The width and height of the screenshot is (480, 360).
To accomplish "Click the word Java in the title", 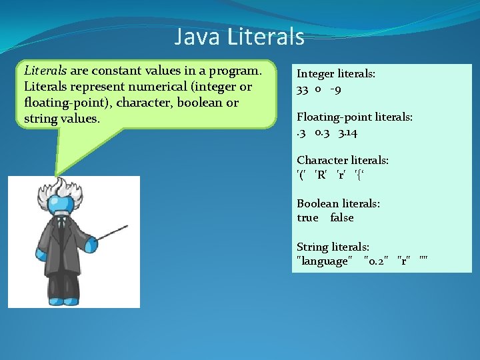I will (x=197, y=37).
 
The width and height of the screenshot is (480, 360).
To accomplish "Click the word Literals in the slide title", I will (x=265, y=37).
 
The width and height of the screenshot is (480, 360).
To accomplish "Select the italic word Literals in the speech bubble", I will (x=45, y=71).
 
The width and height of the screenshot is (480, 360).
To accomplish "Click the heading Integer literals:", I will (x=336, y=74).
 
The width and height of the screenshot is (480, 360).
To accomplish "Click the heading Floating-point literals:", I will (x=355, y=117).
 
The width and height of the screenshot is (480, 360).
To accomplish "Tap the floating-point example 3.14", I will (x=347, y=132).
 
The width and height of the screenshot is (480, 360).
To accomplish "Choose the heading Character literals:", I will (x=343, y=161).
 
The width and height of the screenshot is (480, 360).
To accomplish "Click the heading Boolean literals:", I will (x=338, y=204).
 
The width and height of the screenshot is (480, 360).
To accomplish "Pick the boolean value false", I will (x=341, y=218).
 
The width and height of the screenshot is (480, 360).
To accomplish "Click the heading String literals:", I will (x=333, y=247).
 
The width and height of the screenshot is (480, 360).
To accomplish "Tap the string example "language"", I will (x=323, y=261).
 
